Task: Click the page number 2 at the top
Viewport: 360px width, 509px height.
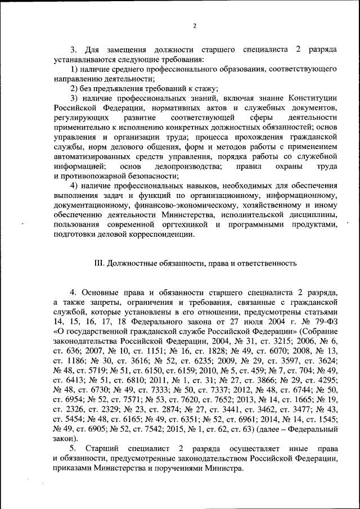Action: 194,26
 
